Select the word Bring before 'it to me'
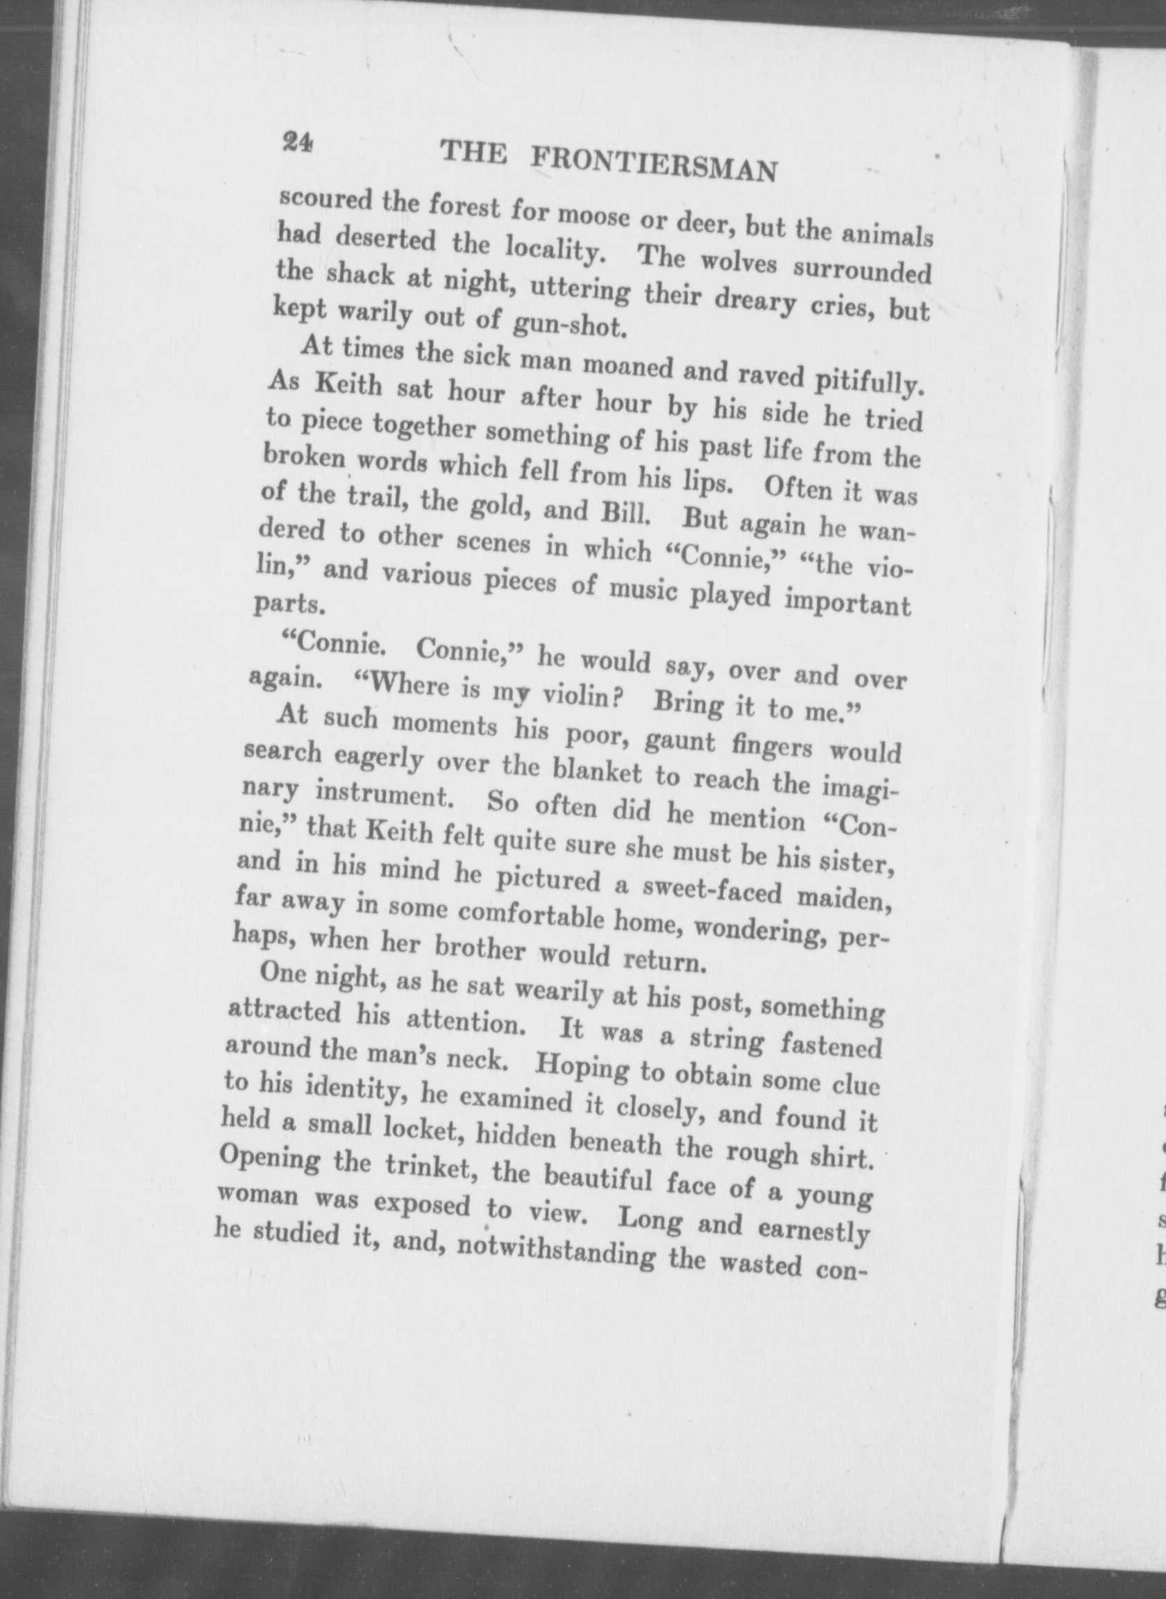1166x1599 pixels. click(688, 703)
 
